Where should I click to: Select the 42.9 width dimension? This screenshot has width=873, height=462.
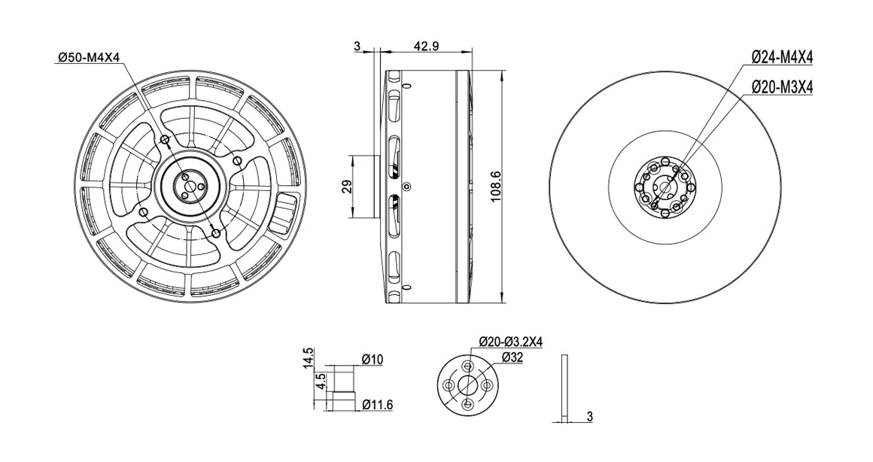pos(426,47)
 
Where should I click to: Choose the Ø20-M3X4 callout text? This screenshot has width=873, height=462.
pos(783,87)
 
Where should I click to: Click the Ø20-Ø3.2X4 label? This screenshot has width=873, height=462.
pos(510,342)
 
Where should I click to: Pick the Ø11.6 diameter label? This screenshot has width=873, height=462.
pos(377,405)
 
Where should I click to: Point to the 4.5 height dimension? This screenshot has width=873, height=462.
pos(321,381)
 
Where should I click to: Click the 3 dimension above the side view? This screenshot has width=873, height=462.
pos(357,47)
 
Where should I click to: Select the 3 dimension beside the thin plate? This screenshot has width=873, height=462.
pos(590,416)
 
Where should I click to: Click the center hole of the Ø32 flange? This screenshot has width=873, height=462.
pos(467,385)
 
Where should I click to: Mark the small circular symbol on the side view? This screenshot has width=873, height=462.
pos(407,187)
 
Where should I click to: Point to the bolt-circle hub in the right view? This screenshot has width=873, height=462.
pos(662,187)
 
